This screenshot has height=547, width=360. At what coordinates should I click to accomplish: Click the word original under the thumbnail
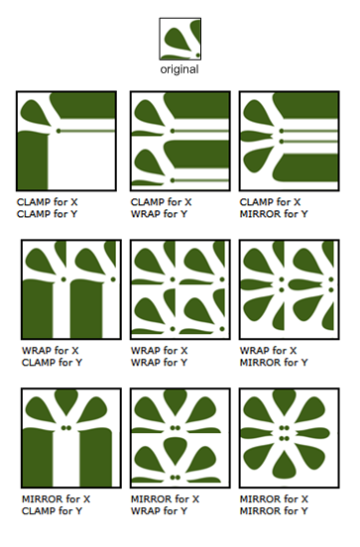pos(180,69)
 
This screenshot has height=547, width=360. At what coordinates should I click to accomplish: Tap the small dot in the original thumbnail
pos(197,55)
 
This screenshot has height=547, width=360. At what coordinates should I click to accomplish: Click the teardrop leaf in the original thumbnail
pos(178,39)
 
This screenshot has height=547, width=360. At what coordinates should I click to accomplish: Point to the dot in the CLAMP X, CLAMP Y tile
pos(59,131)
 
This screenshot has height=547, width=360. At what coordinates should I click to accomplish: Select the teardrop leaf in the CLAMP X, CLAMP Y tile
pos(36,113)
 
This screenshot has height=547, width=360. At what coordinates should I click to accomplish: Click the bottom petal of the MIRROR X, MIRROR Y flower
pos(286,465)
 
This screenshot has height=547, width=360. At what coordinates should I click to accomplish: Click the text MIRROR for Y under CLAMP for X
pos(274,214)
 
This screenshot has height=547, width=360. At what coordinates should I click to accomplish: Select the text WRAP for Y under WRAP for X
pos(159,363)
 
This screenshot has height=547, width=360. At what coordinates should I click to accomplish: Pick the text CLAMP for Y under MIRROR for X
pos(52,510)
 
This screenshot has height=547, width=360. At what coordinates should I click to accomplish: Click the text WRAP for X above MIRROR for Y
pos(268,350)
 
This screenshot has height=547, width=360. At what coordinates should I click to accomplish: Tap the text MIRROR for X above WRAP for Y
pos(166,498)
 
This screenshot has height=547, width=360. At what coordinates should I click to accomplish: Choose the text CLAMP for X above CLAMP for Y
pos(48,202)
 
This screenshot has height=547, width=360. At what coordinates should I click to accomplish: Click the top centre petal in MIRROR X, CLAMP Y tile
pos(66,402)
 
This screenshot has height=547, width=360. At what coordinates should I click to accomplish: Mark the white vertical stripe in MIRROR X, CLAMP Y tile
pos(66,460)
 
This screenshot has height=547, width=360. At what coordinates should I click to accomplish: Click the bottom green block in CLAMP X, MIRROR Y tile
pos(305,167)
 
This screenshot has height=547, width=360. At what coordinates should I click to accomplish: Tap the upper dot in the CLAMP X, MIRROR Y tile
pos(282,131)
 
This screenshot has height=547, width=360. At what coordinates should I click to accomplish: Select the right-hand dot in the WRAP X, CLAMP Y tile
pos(113,279)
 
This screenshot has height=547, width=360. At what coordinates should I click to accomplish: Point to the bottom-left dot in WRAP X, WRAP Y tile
pos(173,329)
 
